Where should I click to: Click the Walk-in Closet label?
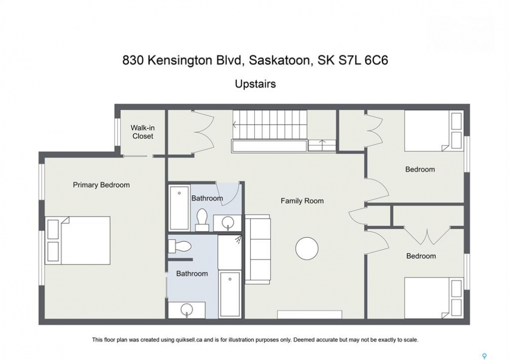click(x=143, y=132)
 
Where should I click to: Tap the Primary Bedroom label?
click(x=101, y=185)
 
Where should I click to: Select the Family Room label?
click(x=302, y=201)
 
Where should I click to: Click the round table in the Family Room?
click(x=307, y=248)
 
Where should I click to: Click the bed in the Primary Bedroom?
click(x=78, y=240)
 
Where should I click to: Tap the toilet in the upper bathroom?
click(x=202, y=219)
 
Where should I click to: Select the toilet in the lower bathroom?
click(x=180, y=246)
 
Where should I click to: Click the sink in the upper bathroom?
click(x=227, y=223)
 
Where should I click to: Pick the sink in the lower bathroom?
click(x=187, y=310)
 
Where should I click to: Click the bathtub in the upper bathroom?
click(x=179, y=207)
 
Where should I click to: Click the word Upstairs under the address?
click(x=255, y=84)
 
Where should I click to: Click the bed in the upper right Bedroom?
click(x=434, y=130)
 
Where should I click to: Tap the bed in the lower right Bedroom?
click(x=434, y=298)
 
